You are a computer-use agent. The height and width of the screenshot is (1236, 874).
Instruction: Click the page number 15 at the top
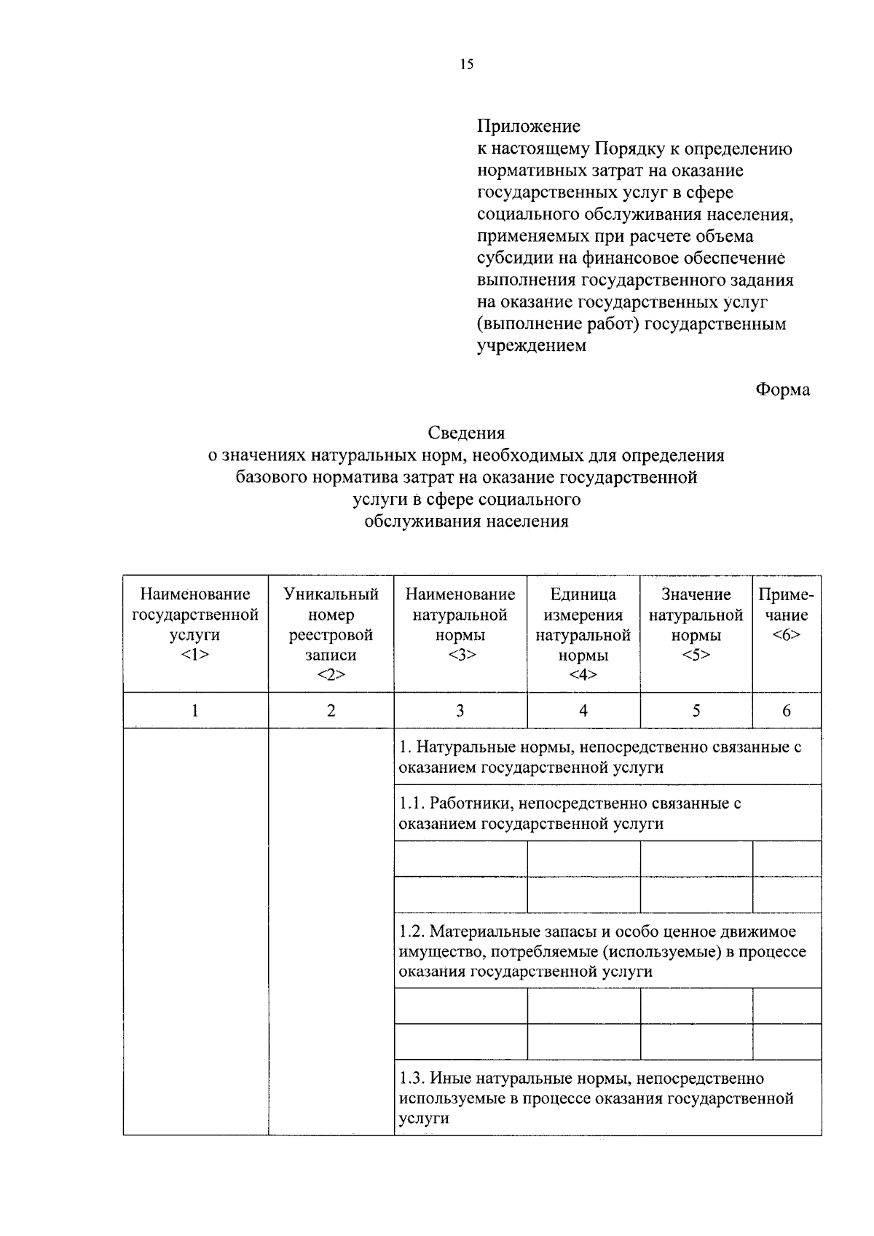pyautogui.click(x=467, y=65)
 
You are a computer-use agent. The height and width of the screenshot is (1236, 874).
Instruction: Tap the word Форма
pyautogui.click(x=782, y=390)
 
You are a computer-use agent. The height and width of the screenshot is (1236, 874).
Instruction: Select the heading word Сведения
pyautogui.click(x=466, y=433)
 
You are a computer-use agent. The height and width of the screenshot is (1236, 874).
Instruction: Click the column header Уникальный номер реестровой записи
pyautogui.click(x=331, y=634)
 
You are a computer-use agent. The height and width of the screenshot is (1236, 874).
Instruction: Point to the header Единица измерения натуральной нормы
pyautogui.click(x=583, y=634)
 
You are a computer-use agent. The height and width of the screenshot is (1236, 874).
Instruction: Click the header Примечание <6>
pyautogui.click(x=786, y=615)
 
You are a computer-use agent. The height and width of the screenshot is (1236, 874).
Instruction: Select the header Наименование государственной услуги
pyautogui.click(x=194, y=624)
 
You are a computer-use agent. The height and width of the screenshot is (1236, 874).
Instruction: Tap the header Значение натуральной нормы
pyautogui.click(x=696, y=624)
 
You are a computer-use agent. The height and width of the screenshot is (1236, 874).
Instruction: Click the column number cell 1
pyautogui.click(x=194, y=711)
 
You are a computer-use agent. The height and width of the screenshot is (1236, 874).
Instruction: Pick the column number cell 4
pyautogui.click(x=583, y=711)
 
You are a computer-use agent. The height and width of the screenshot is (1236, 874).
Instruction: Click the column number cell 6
pyautogui.click(x=786, y=711)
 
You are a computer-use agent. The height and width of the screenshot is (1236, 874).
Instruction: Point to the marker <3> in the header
pyautogui.click(x=460, y=655)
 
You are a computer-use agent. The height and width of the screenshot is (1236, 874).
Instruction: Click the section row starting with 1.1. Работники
pyautogui.click(x=570, y=814)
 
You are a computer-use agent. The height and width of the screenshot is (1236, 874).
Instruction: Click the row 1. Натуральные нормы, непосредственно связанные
pyautogui.click(x=600, y=757)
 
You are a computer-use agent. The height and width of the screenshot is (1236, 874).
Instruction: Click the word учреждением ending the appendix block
pyautogui.click(x=531, y=346)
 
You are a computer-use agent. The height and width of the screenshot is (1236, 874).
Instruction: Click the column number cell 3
pyautogui.click(x=460, y=711)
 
